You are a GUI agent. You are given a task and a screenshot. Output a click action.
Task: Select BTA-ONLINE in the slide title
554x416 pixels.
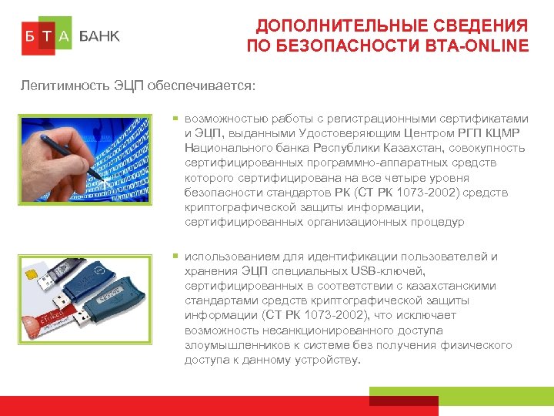[477, 46]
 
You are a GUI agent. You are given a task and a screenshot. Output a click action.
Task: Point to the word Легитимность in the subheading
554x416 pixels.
[60, 86]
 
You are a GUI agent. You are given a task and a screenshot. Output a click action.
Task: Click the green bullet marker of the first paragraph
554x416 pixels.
[175, 119]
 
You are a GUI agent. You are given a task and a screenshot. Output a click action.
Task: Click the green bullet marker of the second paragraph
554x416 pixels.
[175, 256]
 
